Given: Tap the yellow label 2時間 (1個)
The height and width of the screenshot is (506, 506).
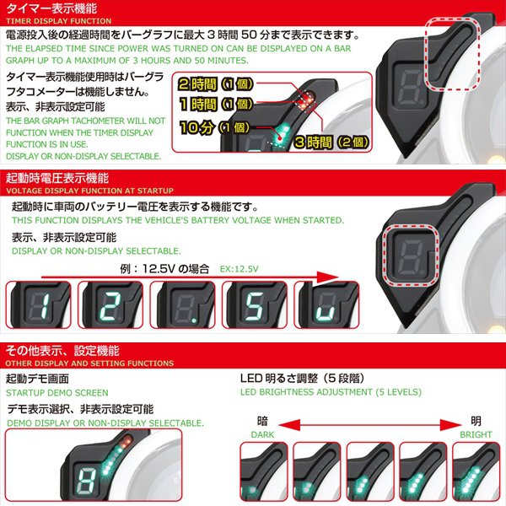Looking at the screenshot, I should pyautogui.click(x=214, y=84).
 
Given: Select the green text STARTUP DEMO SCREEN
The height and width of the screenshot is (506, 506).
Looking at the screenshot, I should pyautogui.click(x=57, y=393).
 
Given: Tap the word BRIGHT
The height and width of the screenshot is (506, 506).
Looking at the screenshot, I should pyautogui.click(x=476, y=435).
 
